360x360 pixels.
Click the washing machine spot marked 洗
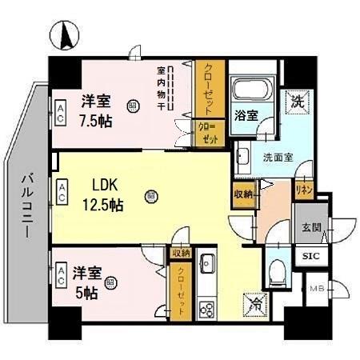[296, 102]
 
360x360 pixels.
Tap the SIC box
[308, 258]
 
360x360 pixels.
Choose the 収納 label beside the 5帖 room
[179, 253]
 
